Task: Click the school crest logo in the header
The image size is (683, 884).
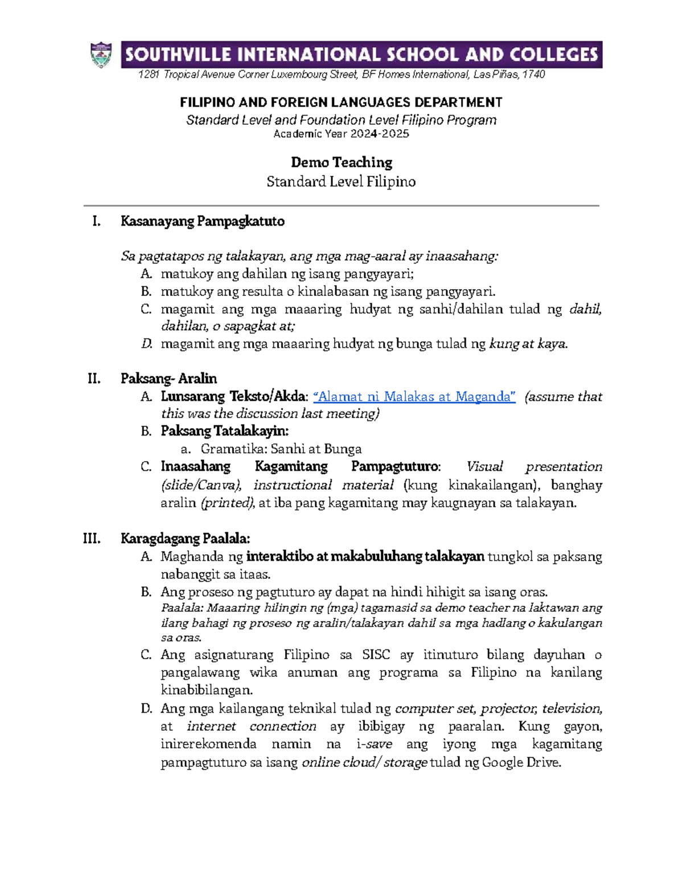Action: [x=101, y=55]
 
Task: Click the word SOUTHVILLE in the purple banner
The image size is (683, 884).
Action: [x=178, y=55]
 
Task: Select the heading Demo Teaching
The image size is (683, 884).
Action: [x=341, y=163]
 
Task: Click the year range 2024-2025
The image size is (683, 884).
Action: [x=380, y=134]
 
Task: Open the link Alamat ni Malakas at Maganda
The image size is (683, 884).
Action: [x=414, y=397]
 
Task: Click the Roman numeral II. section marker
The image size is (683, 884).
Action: [x=94, y=379]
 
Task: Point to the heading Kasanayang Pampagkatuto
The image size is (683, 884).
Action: [x=203, y=221]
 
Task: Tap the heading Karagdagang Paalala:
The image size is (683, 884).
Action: [x=186, y=538]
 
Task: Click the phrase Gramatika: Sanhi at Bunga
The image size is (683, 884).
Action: [x=281, y=449]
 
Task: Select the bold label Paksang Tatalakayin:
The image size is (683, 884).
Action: [x=225, y=431]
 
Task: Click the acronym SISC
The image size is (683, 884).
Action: [x=376, y=655]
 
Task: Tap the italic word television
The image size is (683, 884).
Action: [x=571, y=709]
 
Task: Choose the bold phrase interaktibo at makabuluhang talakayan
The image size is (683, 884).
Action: [x=365, y=557]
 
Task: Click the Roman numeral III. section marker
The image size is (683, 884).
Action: [x=92, y=538]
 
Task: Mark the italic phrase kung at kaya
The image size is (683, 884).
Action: [x=528, y=344]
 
